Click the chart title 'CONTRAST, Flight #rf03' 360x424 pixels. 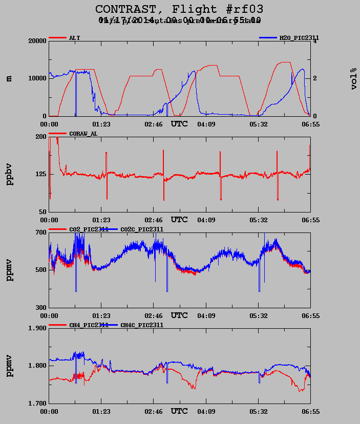tap(179, 9)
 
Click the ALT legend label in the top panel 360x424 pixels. tap(75, 38)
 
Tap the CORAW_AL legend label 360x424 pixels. tap(83, 134)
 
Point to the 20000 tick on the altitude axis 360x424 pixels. tap(36, 41)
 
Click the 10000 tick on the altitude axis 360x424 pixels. tap(36, 79)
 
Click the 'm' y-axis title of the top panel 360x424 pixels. tap(9, 78)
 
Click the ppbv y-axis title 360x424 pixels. tap(9, 174)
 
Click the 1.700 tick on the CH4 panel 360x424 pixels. tap(36, 404)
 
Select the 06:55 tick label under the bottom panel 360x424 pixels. tap(310, 411)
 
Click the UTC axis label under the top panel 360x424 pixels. tap(179, 123)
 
